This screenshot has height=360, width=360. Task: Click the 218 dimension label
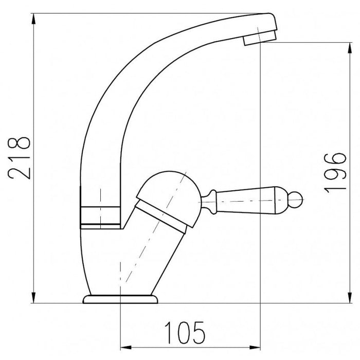coord(19,158)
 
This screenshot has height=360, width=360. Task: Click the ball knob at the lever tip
coord(295,200)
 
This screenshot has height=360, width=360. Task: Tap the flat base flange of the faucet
coord(120,299)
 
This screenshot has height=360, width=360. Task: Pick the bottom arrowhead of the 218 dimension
coord(34,298)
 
